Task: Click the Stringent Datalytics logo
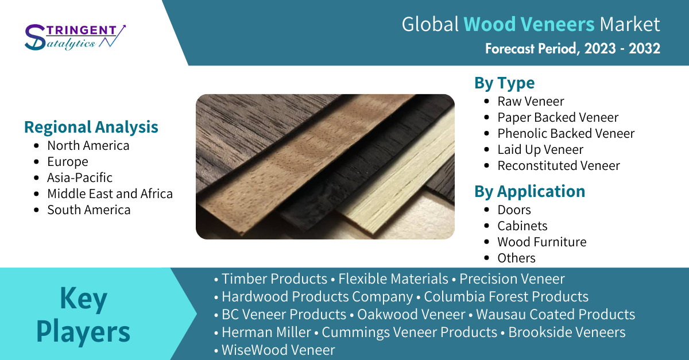click(75, 37)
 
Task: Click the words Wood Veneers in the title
click(529, 24)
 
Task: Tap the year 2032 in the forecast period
click(644, 49)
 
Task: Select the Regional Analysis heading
click(91, 127)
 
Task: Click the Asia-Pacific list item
click(80, 177)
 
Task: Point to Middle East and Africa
click(110, 193)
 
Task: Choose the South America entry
click(89, 210)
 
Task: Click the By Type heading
click(505, 83)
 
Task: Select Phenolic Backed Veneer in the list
click(566, 133)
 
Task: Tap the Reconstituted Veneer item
click(559, 165)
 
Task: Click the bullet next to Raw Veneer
click(487, 101)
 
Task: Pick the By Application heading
click(529, 191)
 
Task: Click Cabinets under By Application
click(522, 226)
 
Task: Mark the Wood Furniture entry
click(542, 242)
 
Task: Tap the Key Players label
click(83, 315)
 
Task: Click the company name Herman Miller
click(266, 332)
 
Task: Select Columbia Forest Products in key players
click(506, 296)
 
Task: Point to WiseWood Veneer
click(278, 350)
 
